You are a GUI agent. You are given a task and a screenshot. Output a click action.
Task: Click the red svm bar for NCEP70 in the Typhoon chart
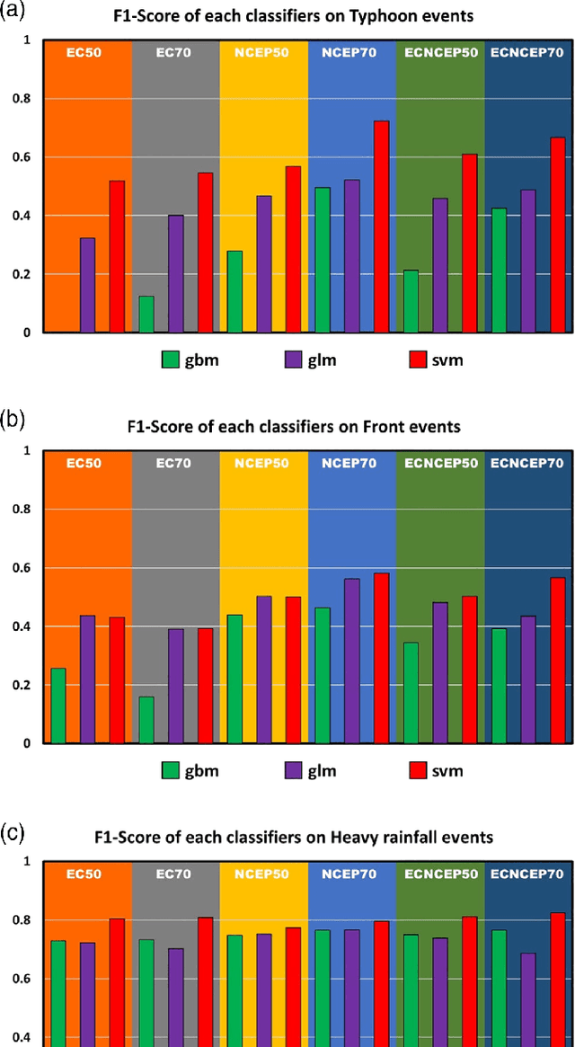pyautogui.click(x=381, y=226)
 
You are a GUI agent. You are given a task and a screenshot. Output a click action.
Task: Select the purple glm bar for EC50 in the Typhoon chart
pyautogui.click(x=87, y=285)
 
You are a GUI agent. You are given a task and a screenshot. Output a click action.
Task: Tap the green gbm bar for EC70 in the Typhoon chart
pyautogui.click(x=146, y=314)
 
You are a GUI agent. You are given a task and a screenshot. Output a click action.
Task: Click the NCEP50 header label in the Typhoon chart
pyautogui.click(x=263, y=52)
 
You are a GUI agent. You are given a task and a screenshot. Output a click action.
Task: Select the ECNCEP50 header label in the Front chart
pyautogui.click(x=439, y=463)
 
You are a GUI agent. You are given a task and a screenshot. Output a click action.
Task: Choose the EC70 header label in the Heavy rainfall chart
pyautogui.click(x=174, y=873)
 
